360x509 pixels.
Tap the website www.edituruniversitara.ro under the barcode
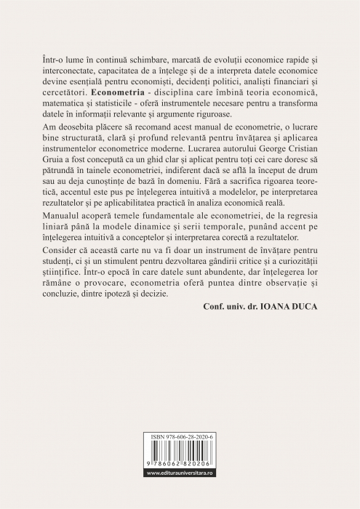click(x=180, y=494)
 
